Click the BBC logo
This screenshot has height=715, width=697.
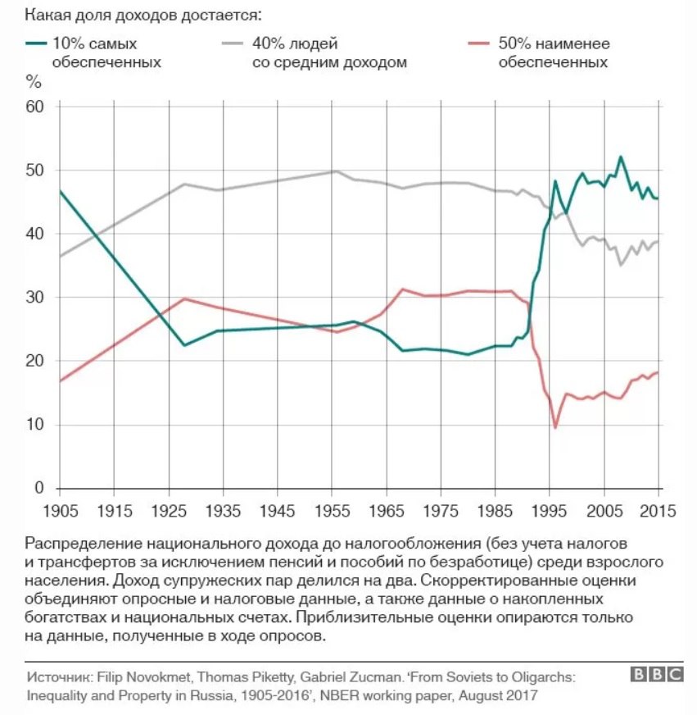coord(656,674)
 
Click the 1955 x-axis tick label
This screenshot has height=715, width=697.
coord(332,510)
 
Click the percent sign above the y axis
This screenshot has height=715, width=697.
coord(34,80)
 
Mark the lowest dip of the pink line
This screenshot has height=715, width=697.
coord(555,427)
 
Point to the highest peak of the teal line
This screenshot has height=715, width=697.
coord(620,157)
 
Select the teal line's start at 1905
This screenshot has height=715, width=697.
coord(60,191)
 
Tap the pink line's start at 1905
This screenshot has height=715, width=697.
coord(60,381)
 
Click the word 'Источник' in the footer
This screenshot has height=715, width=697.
coord(58,678)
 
